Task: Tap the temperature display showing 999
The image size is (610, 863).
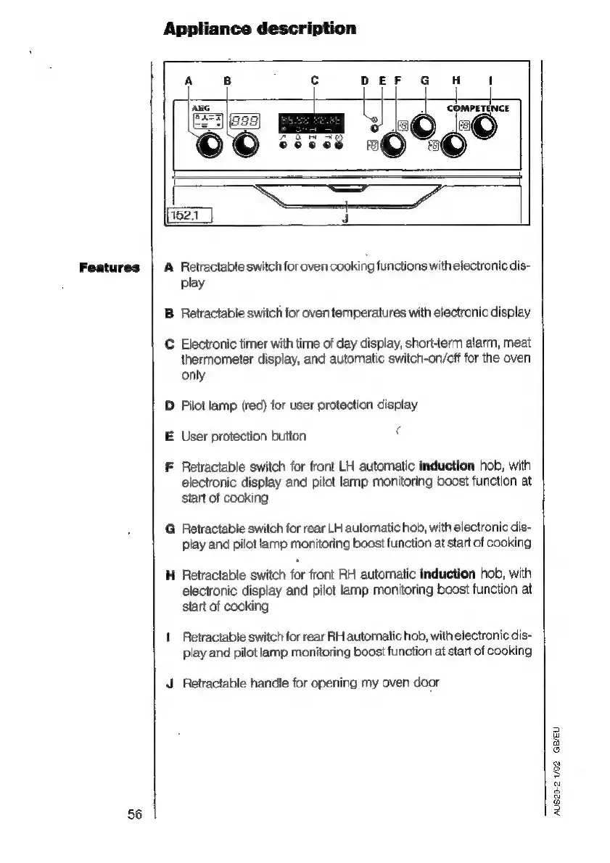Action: tap(244, 120)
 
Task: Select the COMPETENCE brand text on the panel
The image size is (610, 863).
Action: tap(478, 108)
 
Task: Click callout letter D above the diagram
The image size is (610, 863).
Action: tap(365, 80)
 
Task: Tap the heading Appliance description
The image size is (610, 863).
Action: tap(260, 29)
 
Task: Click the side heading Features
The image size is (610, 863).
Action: tap(110, 266)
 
